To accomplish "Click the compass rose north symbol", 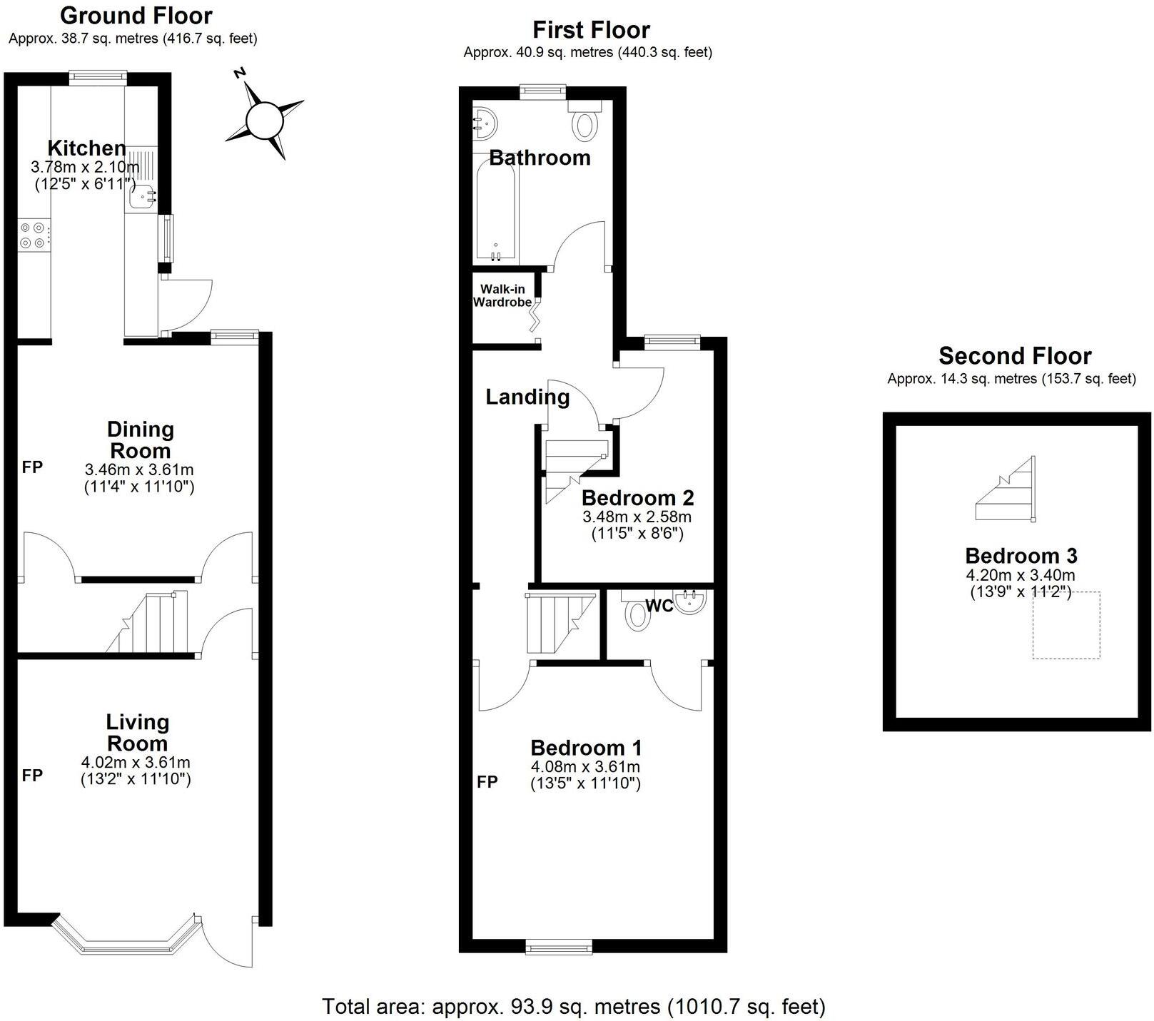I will tap(265, 118).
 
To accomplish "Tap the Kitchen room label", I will tap(86, 148).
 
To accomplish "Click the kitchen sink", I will tap(143, 194).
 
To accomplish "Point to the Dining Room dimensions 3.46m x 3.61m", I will tap(139, 470).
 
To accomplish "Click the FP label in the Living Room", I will tap(32, 775).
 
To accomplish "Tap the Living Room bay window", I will tap(126, 936).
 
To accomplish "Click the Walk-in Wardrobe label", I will tap(502, 295).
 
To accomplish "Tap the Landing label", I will tap(527, 397).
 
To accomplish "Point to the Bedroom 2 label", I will tap(637, 497).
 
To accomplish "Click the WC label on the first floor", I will tap(659, 606).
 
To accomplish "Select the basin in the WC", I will tap(690, 601).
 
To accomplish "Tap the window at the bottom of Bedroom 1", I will tap(559, 946).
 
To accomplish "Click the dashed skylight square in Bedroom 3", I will tap(1066, 625).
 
